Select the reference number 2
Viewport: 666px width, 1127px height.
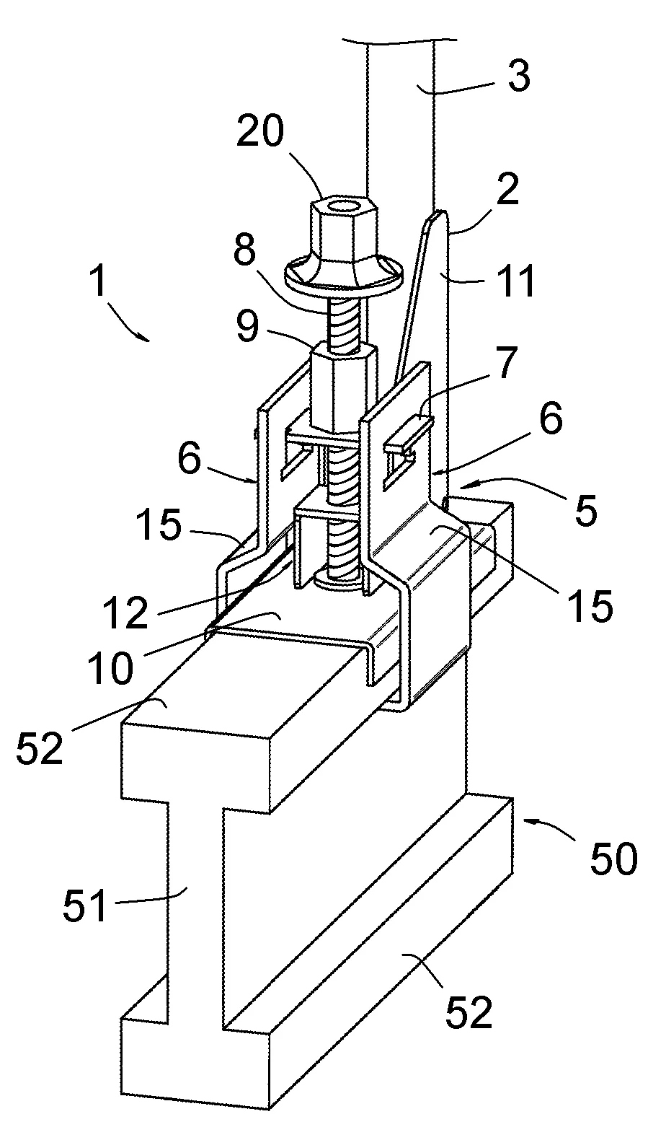tap(507, 190)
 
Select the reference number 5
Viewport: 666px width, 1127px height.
tap(586, 510)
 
